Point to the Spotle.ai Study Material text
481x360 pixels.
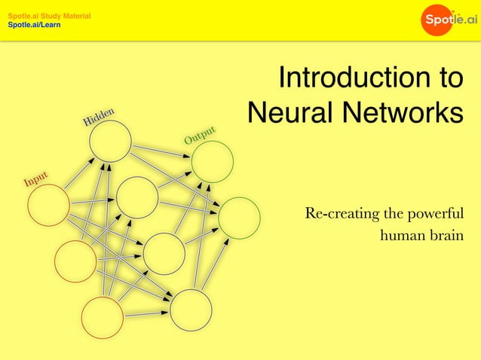tap(49, 16)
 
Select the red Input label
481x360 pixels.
tap(35, 179)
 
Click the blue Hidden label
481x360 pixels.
tap(99, 117)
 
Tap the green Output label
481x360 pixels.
tap(201, 135)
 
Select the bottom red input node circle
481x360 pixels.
tap(103, 317)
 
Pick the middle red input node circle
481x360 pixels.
tap(75, 261)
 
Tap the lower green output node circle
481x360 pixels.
tap(239, 218)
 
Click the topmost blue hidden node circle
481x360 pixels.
tap(110, 140)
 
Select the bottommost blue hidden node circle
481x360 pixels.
tap(191, 310)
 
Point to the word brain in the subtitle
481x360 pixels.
tap(444, 236)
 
